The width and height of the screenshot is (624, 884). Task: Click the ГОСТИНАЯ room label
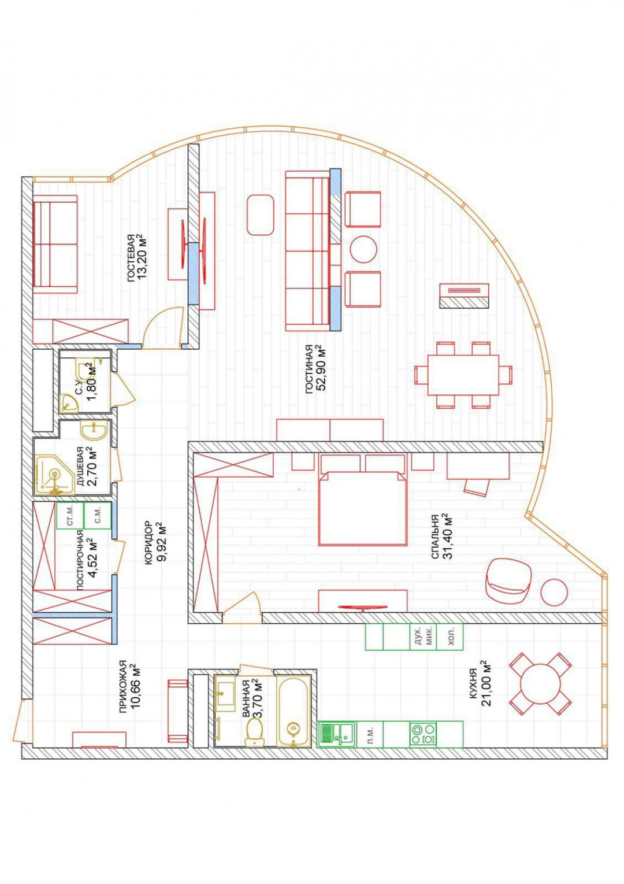(x=309, y=369)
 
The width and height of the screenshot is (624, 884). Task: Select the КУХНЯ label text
(x=474, y=687)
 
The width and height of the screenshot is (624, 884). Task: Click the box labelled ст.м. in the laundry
(x=70, y=516)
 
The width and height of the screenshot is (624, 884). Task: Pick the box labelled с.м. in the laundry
(x=98, y=516)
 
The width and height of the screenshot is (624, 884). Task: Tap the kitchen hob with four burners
(x=423, y=734)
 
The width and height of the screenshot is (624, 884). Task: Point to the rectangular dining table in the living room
(x=463, y=375)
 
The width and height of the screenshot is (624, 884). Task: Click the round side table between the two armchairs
(x=363, y=249)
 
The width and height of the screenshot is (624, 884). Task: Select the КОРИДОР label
(x=148, y=542)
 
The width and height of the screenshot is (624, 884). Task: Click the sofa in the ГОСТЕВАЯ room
(x=55, y=244)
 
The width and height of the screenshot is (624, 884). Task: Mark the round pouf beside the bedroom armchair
(x=554, y=592)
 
